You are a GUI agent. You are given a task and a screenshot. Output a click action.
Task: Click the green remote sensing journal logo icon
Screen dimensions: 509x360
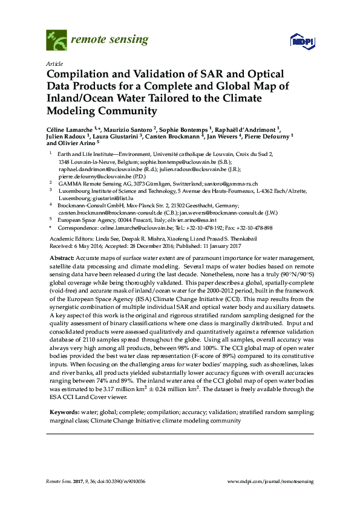pyautogui.click(x=57, y=41)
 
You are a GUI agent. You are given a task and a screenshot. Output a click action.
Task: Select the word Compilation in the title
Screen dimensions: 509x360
pyautogui.click(x=82, y=74)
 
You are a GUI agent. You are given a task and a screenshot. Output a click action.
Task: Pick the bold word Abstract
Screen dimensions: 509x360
pyautogui.click(x=62, y=258)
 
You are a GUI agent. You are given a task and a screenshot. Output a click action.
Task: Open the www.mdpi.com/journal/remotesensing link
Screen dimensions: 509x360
pyautogui.click(x=270, y=481)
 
